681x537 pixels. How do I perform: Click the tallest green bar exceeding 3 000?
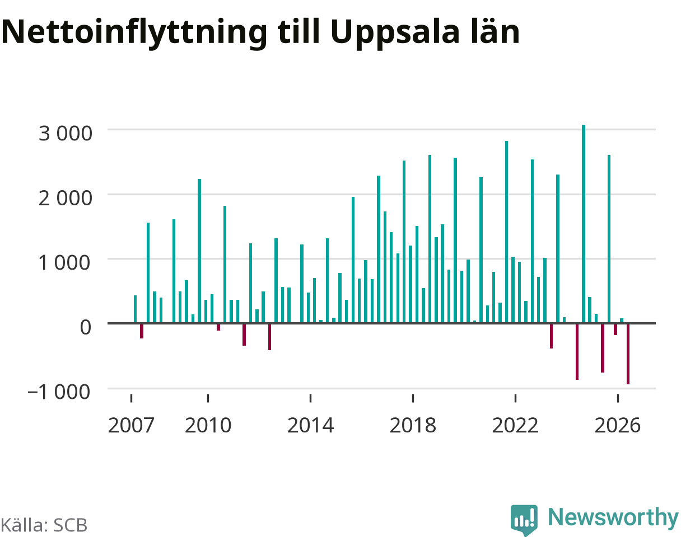click(584, 224)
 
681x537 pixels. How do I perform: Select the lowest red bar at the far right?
click(628, 354)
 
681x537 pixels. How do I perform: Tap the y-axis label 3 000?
click(65, 133)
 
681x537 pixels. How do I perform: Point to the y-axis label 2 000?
click(65, 198)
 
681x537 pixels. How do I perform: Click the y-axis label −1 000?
click(59, 392)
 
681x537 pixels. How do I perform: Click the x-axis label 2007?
click(131, 426)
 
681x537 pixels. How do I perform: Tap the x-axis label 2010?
click(208, 426)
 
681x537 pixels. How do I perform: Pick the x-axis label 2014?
click(310, 426)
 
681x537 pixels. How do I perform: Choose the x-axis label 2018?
click(413, 426)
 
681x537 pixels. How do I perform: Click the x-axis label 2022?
click(515, 426)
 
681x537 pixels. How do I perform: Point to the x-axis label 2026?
click(618, 426)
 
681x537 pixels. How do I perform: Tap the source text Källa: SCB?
click(44, 525)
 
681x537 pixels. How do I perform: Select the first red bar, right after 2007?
click(142, 331)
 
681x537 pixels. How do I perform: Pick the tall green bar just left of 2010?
click(199, 251)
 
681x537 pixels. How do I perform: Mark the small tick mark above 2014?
click(310, 398)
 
